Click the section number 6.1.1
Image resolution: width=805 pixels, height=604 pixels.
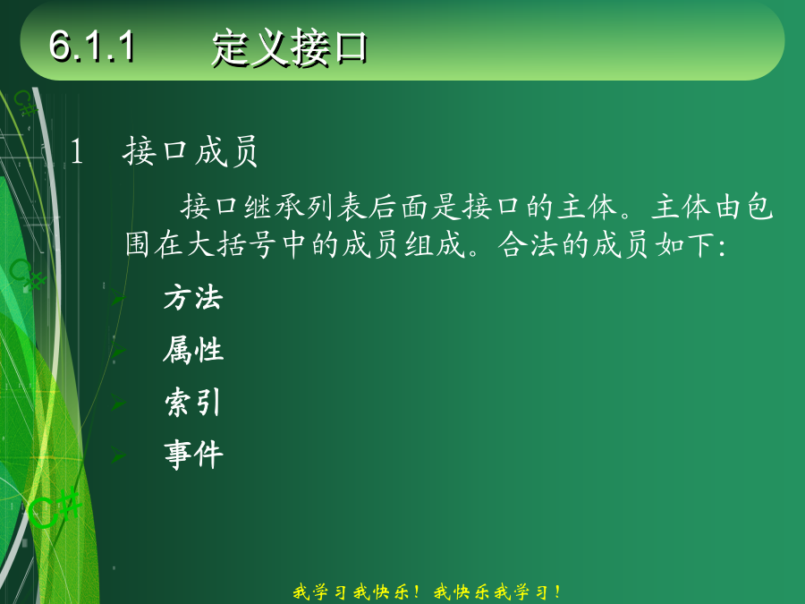click(92, 47)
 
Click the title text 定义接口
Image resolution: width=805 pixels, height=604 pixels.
click(290, 47)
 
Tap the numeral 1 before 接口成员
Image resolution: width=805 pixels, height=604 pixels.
click(77, 152)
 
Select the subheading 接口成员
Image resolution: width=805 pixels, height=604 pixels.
click(191, 151)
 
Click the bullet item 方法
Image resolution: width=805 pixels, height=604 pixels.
click(193, 298)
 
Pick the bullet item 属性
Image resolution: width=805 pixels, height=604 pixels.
click(193, 350)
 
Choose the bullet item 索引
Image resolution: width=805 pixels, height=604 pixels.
click(193, 402)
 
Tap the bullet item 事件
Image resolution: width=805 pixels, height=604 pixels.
click(193, 455)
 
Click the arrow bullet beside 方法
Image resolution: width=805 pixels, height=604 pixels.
click(118, 298)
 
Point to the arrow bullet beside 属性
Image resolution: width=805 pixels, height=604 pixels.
click(118, 350)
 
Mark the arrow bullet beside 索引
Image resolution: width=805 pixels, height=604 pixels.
click(118, 403)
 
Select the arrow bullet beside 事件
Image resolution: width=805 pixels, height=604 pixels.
click(118, 455)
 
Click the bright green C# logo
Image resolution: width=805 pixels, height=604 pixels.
click(55, 508)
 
